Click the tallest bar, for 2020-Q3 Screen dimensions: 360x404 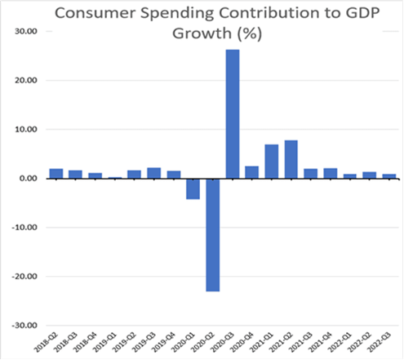(x=232, y=113)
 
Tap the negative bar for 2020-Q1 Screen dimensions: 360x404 (x=193, y=189)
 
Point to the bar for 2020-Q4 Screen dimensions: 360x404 (x=251, y=172)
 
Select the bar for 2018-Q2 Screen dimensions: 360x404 (x=55, y=173)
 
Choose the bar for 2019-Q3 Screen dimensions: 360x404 (x=153, y=173)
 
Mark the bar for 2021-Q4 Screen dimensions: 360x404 (x=331, y=173)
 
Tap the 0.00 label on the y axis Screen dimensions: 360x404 (x=29, y=179)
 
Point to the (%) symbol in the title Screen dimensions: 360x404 (x=253, y=38)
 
